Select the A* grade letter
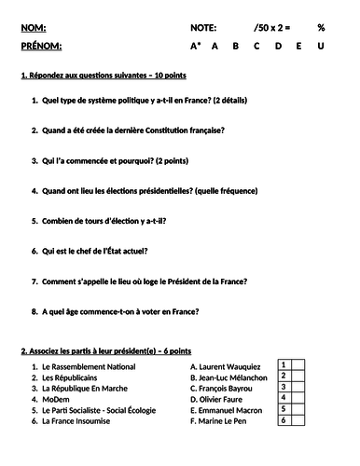click(x=196, y=46)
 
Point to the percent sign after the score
click(x=321, y=29)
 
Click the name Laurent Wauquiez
click(x=232, y=367)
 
